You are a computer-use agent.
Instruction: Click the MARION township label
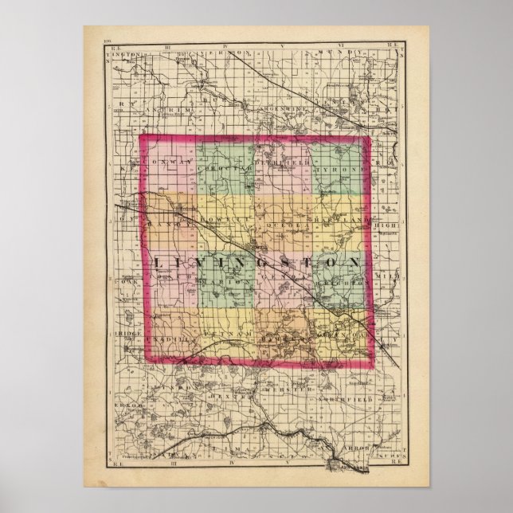point(216,280)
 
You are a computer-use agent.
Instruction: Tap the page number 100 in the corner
point(111,41)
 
